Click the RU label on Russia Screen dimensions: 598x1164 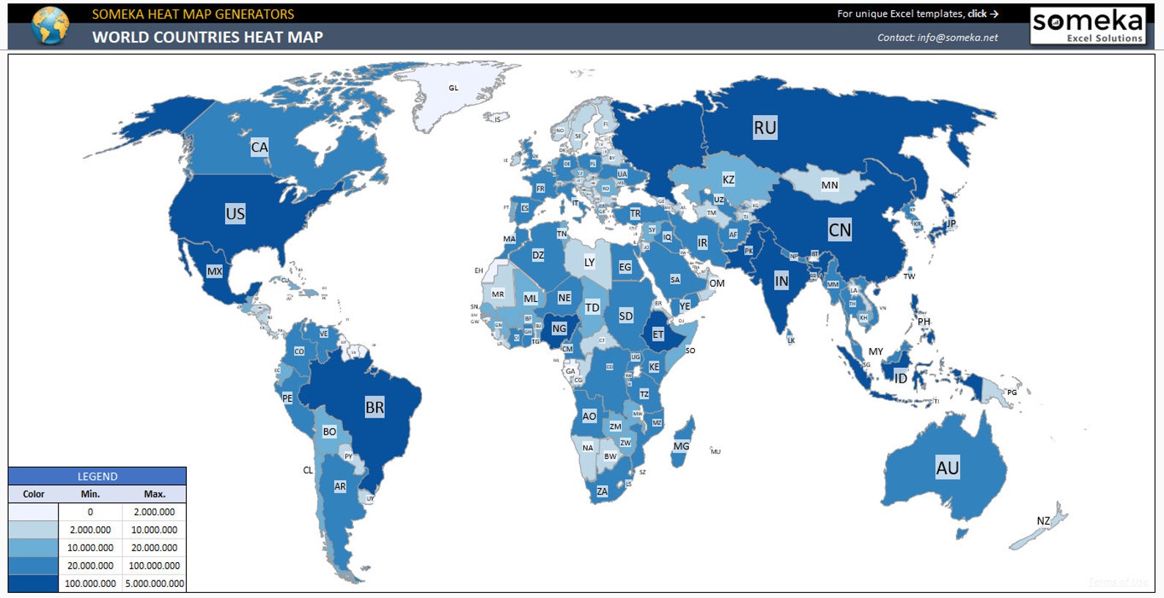[765, 128]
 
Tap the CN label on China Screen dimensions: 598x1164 [839, 230]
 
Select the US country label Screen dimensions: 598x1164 [235, 214]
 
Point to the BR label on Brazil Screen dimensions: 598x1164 [374, 407]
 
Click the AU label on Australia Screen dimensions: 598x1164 [947, 468]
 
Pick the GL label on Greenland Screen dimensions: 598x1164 [454, 88]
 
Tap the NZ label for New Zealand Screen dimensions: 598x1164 [1043, 521]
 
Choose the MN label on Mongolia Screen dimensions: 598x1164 [829, 185]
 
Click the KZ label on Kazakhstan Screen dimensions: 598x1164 [728, 180]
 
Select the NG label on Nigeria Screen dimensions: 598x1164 [559, 328]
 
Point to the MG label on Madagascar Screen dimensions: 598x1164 [681, 446]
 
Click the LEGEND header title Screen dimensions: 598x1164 [97, 476]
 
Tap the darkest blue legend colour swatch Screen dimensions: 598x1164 [33, 583]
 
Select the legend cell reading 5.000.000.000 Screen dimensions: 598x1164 [155, 584]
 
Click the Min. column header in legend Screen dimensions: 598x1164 [90, 494]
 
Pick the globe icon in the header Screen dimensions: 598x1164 [50, 26]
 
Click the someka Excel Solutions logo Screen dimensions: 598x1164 [1087, 26]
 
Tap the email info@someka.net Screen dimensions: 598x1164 [957, 37]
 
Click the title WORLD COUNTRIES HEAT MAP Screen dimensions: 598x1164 [207, 37]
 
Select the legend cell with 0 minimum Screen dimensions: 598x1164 [90, 512]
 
